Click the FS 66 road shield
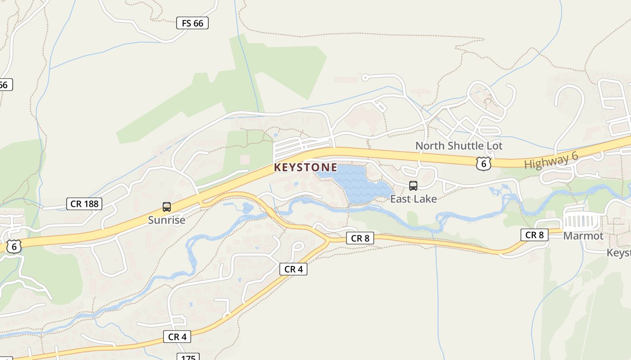point(192,23)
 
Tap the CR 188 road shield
point(84,204)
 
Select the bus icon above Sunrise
point(167,207)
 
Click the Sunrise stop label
point(167,220)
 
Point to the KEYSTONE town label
point(306,167)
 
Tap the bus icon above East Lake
point(413,185)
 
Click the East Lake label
point(413,198)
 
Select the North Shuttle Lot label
point(458,146)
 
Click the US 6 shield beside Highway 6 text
point(483,163)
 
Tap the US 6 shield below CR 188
point(14,246)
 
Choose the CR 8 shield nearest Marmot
point(535,234)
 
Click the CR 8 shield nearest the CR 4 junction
point(360,238)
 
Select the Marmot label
point(583,236)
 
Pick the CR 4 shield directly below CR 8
point(293,269)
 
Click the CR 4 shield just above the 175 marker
point(177,337)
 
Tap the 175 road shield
point(188,357)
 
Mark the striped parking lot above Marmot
point(581,221)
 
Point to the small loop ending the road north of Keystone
point(365,78)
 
